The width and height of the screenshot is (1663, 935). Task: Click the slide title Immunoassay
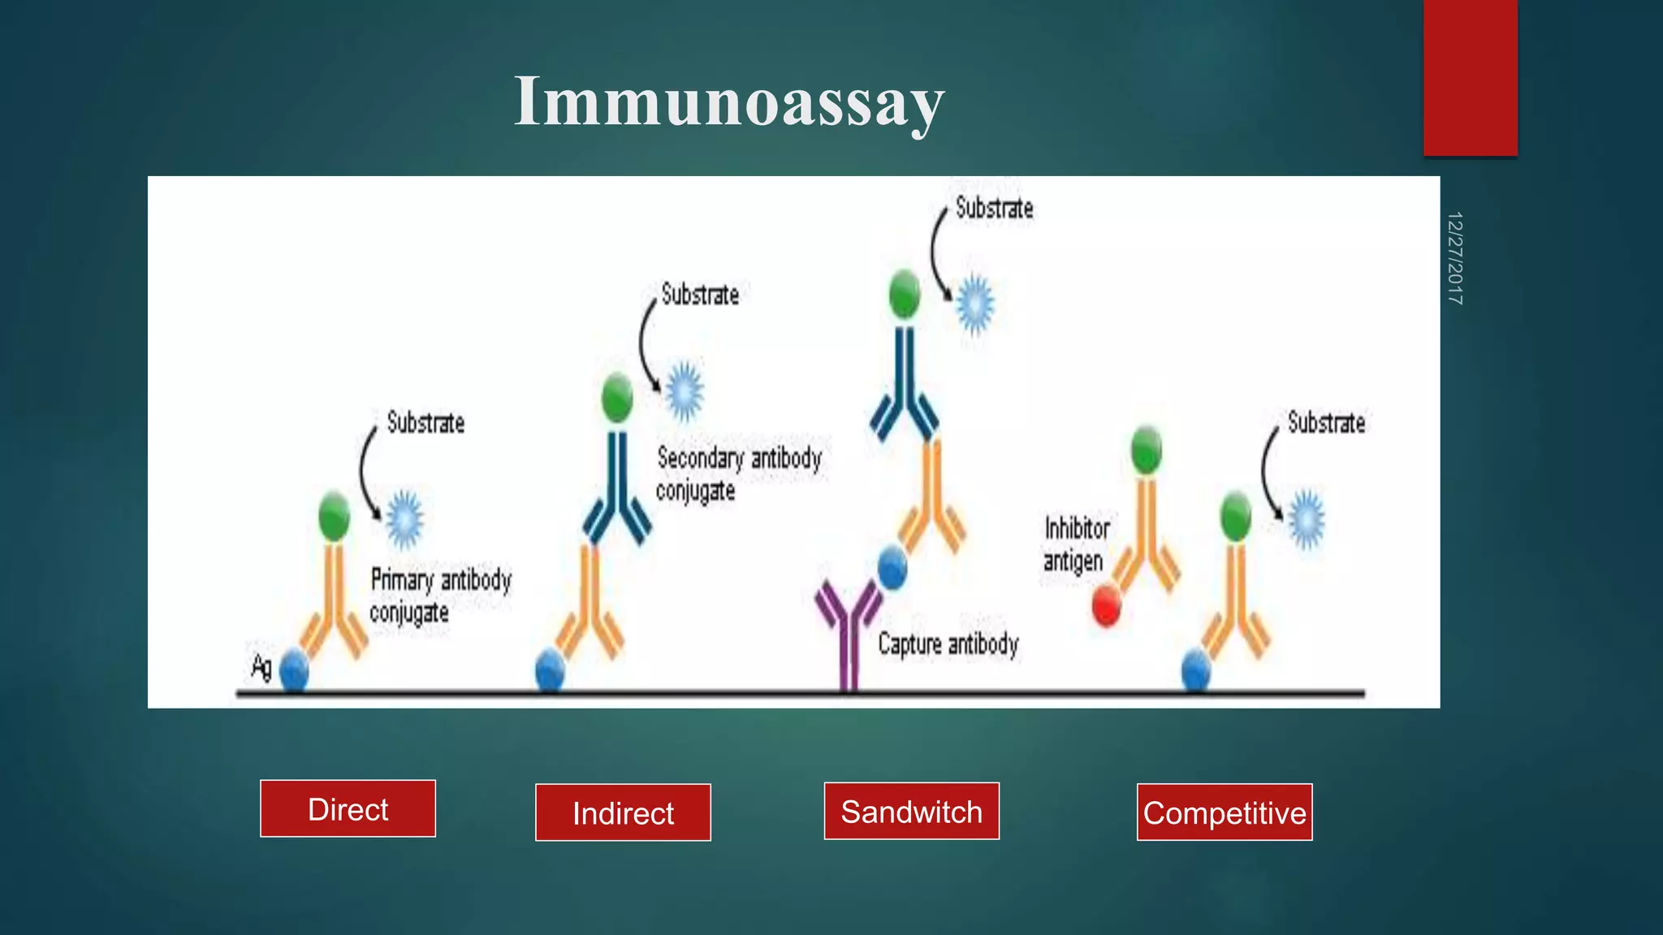click(x=728, y=102)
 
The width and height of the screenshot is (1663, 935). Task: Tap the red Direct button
click(x=348, y=808)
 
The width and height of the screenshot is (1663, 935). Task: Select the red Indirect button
click(x=623, y=812)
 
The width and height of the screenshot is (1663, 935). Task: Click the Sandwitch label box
click(x=911, y=811)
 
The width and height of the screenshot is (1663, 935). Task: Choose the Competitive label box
click(x=1224, y=812)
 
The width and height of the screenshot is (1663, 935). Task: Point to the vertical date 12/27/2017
click(x=1454, y=258)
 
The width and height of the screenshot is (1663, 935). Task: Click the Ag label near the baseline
click(x=261, y=667)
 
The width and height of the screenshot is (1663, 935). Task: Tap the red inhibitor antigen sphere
click(x=1106, y=606)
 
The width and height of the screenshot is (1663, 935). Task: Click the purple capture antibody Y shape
click(x=848, y=633)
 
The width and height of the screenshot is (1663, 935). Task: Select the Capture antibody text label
click(x=948, y=644)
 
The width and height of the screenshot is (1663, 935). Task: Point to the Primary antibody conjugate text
click(x=440, y=596)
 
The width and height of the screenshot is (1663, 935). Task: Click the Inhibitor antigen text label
click(x=1075, y=545)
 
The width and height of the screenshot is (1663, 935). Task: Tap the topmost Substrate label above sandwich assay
click(x=994, y=209)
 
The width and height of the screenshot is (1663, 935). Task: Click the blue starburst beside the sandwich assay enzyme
click(x=974, y=304)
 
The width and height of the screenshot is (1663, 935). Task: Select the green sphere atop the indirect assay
click(x=617, y=398)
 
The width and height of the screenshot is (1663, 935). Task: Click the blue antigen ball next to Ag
click(x=294, y=671)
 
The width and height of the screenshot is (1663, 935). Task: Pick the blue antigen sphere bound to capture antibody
click(x=892, y=567)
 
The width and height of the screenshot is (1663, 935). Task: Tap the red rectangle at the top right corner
click(x=1470, y=77)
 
